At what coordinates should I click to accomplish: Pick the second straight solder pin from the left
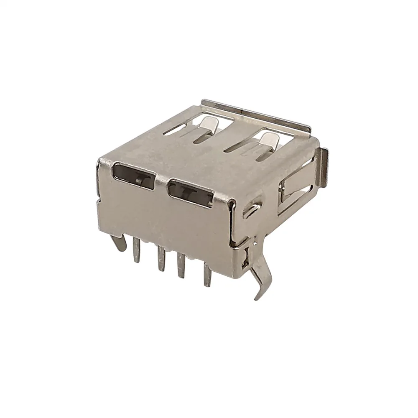pos(160,259)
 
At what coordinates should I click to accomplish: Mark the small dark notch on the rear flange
pos(242,112)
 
